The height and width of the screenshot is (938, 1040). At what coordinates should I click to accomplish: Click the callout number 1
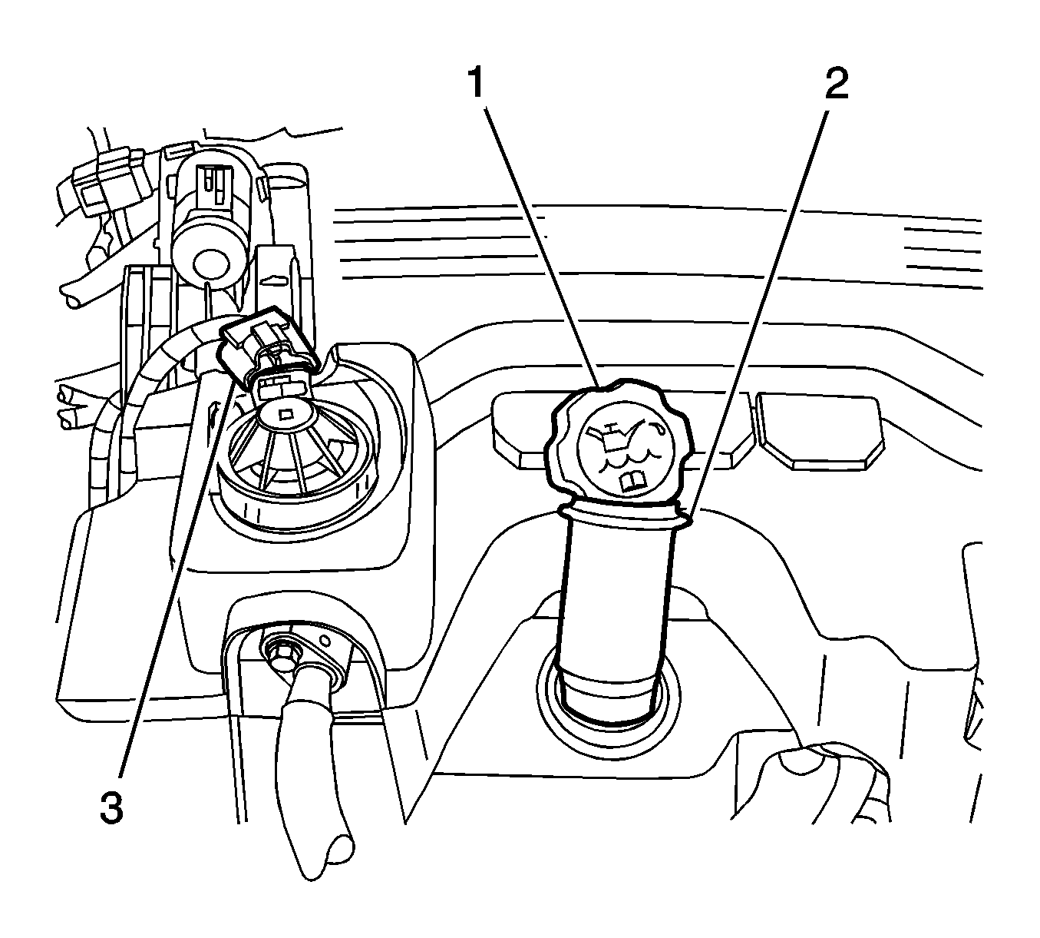pyautogui.click(x=477, y=84)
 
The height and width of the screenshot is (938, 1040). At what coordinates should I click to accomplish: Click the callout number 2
pyautogui.click(x=836, y=84)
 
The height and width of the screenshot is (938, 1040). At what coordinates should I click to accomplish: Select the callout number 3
pyautogui.click(x=111, y=807)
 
